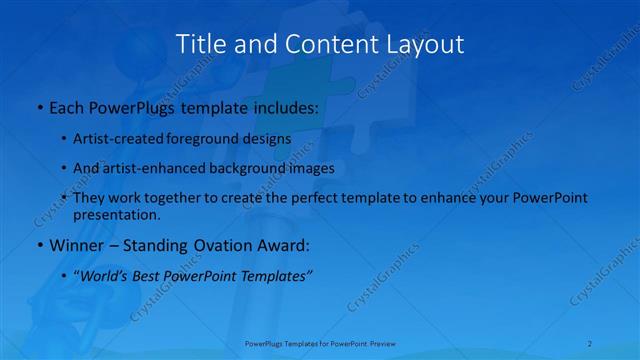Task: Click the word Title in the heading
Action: click(200, 44)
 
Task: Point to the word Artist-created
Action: click(115, 139)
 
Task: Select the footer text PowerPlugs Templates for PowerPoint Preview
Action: click(320, 344)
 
